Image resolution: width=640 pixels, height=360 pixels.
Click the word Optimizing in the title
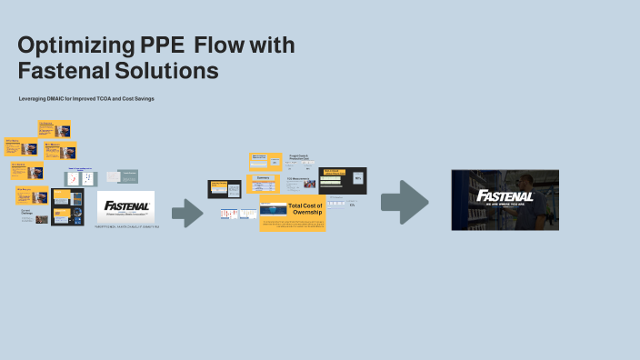(74, 45)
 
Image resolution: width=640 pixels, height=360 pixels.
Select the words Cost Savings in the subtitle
(136, 97)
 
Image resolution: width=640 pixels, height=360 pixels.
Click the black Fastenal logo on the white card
(125, 205)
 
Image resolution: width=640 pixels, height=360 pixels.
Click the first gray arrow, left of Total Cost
(187, 212)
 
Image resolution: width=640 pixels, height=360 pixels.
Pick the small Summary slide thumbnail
(264, 180)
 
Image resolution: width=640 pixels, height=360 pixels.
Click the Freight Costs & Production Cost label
(300, 156)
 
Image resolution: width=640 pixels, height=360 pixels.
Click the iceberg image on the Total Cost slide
(273, 209)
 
